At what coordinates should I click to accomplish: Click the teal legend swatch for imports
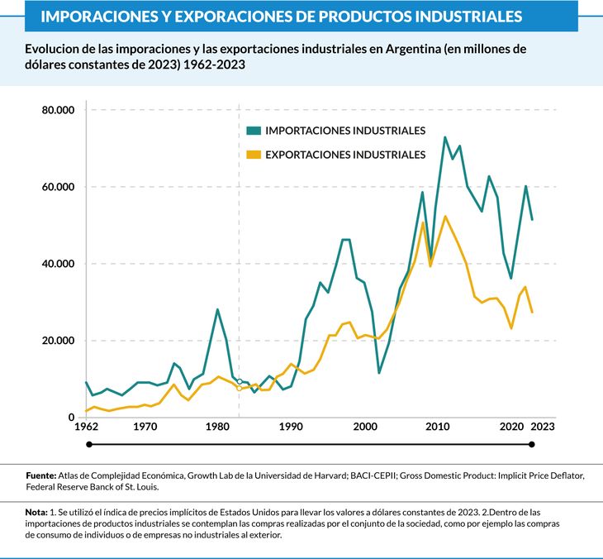pyautogui.click(x=254, y=131)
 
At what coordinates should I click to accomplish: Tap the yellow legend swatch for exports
pyautogui.click(x=254, y=155)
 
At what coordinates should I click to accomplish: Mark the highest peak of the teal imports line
pyautogui.click(x=444, y=137)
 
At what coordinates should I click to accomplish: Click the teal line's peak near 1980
pyautogui.click(x=217, y=309)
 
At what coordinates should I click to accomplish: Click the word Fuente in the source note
pyautogui.click(x=40, y=475)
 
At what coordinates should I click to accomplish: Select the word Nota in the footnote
pyautogui.click(x=36, y=514)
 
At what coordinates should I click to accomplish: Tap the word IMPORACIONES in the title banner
pyautogui.click(x=94, y=16)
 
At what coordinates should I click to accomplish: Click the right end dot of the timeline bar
pyautogui.click(x=532, y=445)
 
